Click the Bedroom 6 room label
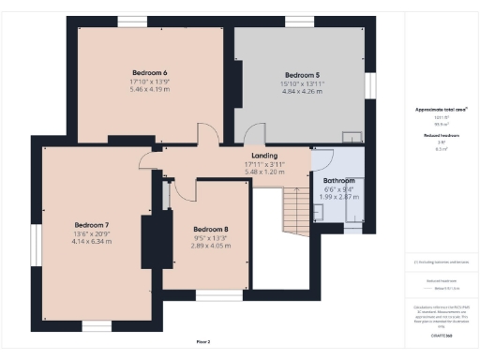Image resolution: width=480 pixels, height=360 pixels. click(150, 73)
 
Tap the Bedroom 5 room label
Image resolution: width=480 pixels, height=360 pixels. click(302, 75)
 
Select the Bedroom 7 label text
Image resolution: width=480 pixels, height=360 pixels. click(93, 225)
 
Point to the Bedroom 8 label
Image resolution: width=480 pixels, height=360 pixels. click(211, 229)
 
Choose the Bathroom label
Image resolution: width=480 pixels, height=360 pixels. click(338, 180)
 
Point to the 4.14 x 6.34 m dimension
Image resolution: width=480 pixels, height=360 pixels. click(93, 242)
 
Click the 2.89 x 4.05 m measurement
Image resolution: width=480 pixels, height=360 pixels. click(211, 246)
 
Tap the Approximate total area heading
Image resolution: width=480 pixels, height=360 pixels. click(442, 110)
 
